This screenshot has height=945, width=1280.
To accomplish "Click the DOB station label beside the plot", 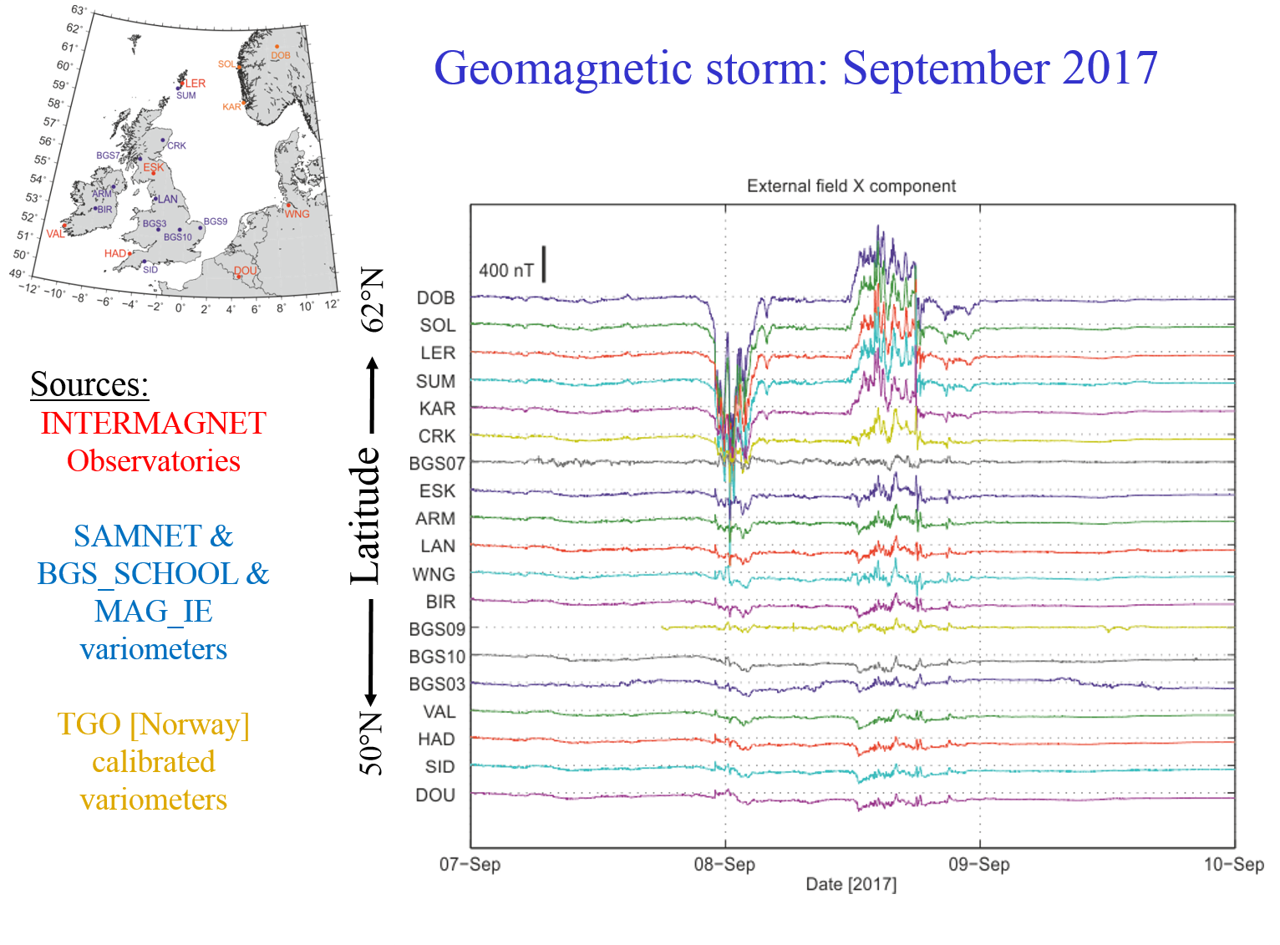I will (x=435, y=298).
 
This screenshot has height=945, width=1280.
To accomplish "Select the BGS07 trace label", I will (x=436, y=464).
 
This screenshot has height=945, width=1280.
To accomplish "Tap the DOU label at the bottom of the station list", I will (x=435, y=795).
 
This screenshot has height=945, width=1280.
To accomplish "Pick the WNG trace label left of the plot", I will (x=434, y=575).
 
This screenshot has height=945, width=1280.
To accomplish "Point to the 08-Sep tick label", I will (x=724, y=864).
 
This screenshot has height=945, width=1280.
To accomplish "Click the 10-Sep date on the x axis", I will (x=1233, y=864).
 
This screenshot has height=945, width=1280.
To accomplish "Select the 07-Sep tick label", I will (x=470, y=864).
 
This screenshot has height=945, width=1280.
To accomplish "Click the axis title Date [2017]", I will (x=851, y=884).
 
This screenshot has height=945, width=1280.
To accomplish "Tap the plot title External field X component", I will (x=851, y=185).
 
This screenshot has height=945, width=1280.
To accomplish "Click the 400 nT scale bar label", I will (x=505, y=271).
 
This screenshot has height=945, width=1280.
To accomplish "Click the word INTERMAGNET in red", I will (x=154, y=424).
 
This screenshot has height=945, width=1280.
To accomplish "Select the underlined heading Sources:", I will (x=89, y=384).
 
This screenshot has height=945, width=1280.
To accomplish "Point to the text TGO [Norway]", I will (x=154, y=724).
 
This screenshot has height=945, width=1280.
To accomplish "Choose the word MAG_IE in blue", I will (x=154, y=612).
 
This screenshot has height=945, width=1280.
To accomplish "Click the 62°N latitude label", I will (x=372, y=299).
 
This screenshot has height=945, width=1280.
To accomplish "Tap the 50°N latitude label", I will (x=372, y=744).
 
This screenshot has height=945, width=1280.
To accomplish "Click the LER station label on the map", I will (x=196, y=84).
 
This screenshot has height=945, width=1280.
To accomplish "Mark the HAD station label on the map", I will (x=114, y=253).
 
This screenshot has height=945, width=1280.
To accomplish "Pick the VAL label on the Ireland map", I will (x=55, y=234).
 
